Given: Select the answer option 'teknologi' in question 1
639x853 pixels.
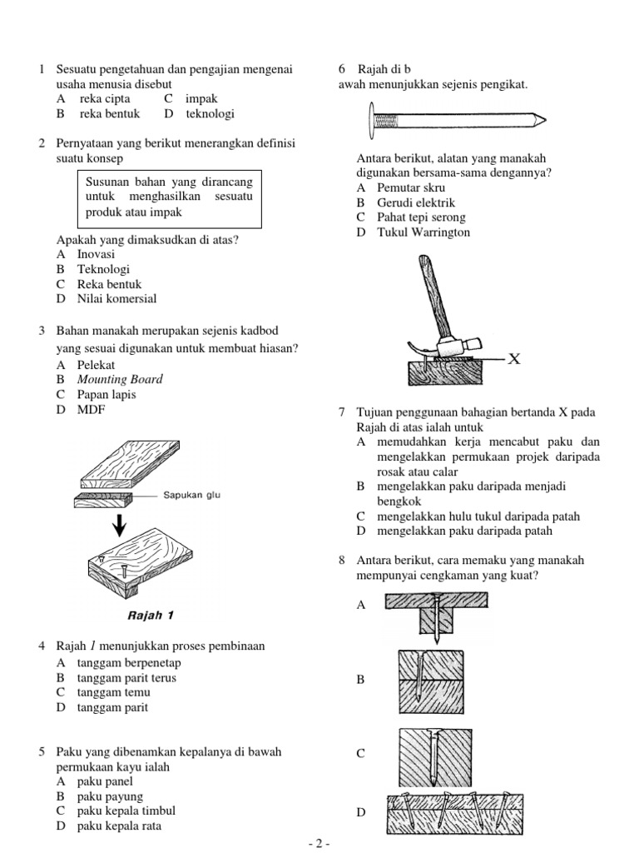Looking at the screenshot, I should click(x=210, y=114).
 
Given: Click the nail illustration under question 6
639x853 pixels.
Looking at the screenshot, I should click(x=454, y=120).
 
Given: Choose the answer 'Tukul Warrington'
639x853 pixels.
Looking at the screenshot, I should click(x=413, y=232).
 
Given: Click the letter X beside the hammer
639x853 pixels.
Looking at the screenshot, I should click(x=514, y=359).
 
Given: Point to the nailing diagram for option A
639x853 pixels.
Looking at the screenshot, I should click(x=436, y=617).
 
